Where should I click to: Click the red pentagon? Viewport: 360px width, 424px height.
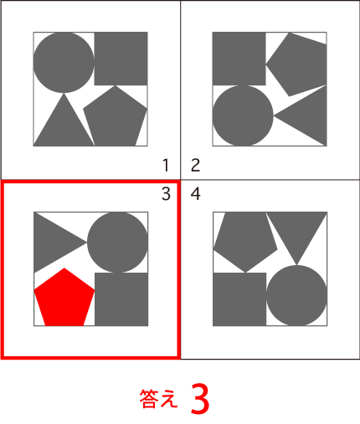64,299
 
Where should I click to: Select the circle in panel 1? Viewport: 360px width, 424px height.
64,63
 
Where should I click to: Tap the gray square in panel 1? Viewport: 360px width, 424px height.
121,59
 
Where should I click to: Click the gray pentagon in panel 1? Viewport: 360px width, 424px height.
116,117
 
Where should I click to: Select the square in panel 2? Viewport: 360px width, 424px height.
239,59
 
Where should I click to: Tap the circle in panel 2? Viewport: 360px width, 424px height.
243,115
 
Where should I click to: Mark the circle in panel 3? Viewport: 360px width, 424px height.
117,242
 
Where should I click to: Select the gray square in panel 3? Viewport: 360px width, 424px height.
121,299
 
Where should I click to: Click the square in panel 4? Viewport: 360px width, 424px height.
239,299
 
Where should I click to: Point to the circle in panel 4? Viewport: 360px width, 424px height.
296,295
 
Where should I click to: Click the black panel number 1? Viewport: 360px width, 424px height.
166,165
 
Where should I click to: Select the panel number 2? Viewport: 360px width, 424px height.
195,165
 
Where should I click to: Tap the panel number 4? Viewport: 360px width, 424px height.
195,194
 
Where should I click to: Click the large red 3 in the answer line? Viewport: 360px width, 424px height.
200,398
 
